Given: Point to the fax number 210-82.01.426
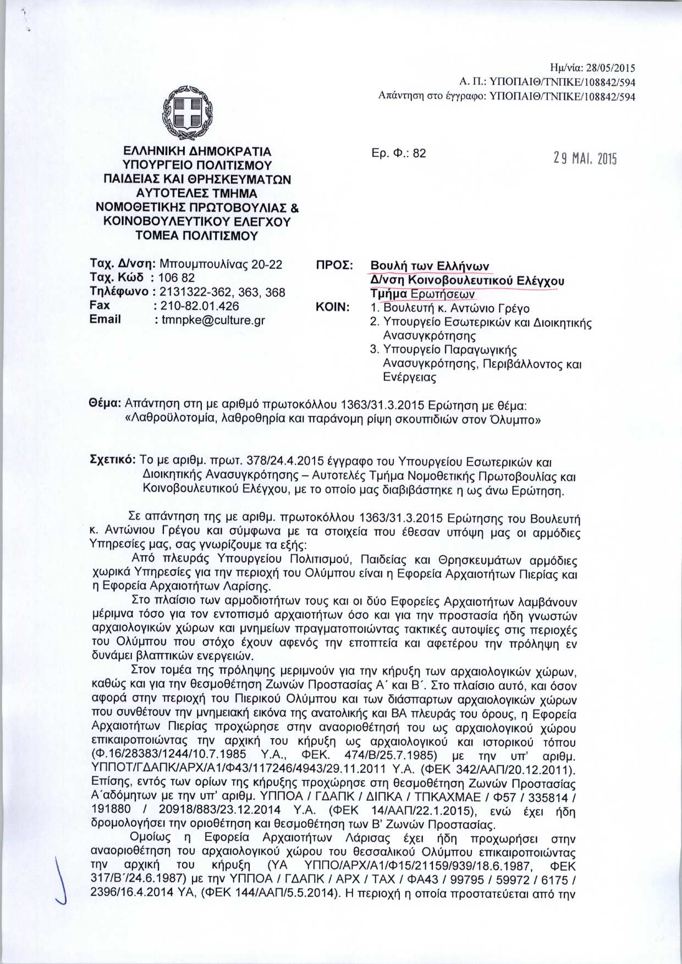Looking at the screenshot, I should point(200,306).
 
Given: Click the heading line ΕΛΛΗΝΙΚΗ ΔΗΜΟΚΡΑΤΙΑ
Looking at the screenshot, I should point(197,151).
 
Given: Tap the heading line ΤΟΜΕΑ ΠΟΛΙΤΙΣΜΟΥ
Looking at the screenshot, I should point(197,236).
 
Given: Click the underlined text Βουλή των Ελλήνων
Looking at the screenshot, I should point(430,267).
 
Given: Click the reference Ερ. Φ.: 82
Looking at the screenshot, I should point(399,153).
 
